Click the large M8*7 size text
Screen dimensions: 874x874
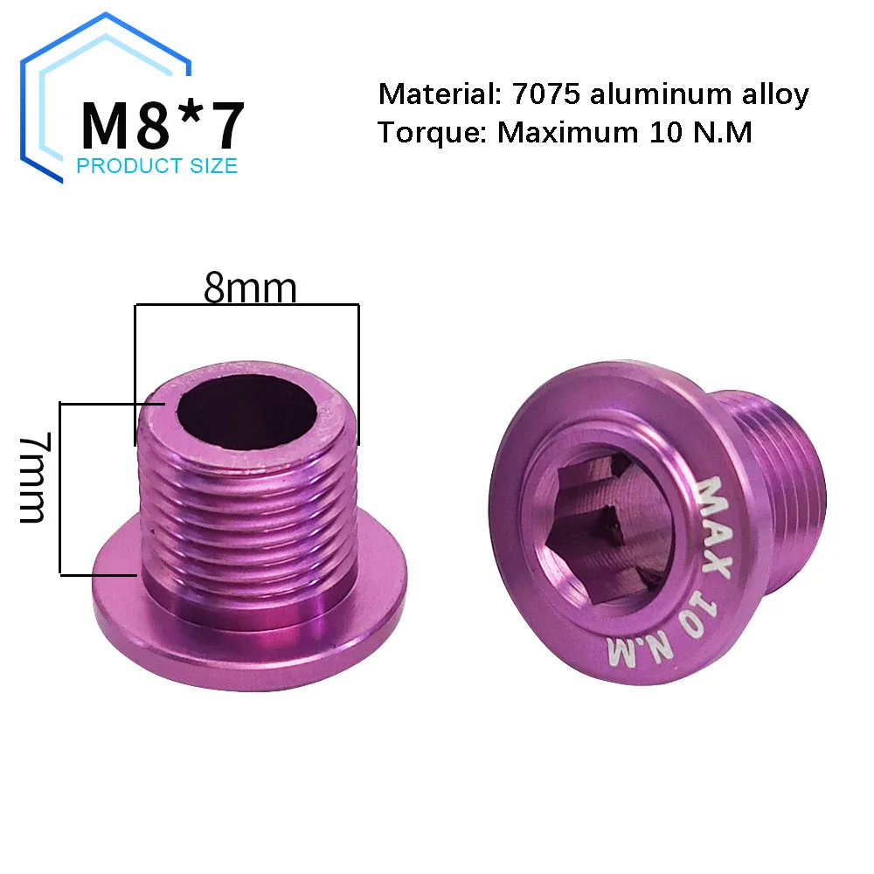click(163, 125)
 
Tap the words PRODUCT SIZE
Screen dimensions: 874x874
click(157, 166)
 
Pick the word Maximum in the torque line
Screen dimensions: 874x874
click(568, 133)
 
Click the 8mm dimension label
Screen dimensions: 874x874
click(250, 288)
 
